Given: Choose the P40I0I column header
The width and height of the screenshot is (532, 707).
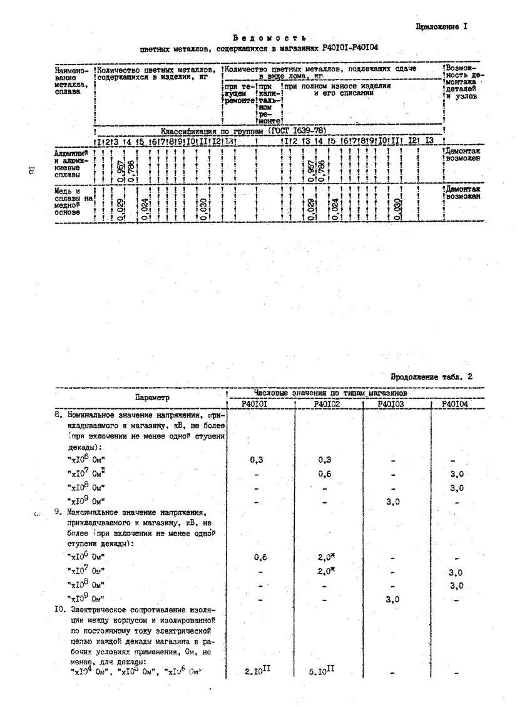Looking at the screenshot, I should pos(257,404).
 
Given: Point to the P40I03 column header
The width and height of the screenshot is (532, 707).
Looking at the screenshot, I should pos(392,404).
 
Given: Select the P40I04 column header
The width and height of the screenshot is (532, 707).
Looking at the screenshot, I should pos(455,404).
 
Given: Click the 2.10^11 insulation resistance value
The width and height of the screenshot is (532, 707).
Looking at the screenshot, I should pos(257,671).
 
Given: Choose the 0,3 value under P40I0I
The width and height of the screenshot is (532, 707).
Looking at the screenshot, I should pos(257,459).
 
